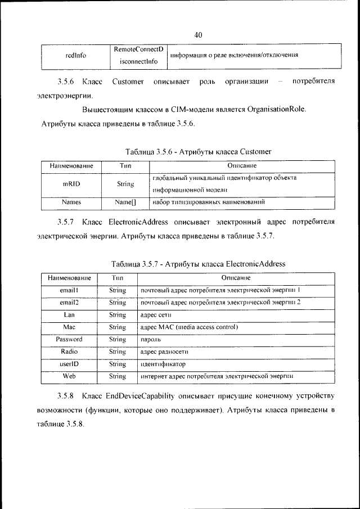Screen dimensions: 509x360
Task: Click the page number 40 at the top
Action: (x=198, y=35)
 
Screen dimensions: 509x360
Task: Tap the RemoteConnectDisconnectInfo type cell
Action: (x=138, y=56)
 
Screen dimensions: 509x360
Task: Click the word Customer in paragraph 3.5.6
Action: (x=128, y=82)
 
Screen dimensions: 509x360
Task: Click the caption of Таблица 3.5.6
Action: (x=199, y=151)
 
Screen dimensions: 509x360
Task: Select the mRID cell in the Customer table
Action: (x=71, y=184)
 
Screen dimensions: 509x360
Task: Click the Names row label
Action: (x=71, y=202)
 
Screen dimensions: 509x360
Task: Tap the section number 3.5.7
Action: (x=66, y=222)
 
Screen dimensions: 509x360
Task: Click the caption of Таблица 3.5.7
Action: (x=198, y=264)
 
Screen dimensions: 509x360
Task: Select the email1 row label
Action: (x=69, y=290)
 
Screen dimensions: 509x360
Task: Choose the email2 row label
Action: (x=69, y=303)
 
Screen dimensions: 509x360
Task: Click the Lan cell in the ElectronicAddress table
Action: (x=69, y=315)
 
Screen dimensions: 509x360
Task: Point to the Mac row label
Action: (x=69, y=327)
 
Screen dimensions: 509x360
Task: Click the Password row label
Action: (x=69, y=340)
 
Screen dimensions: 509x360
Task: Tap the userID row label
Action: (x=69, y=364)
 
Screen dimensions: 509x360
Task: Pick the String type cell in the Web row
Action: (x=117, y=376)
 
